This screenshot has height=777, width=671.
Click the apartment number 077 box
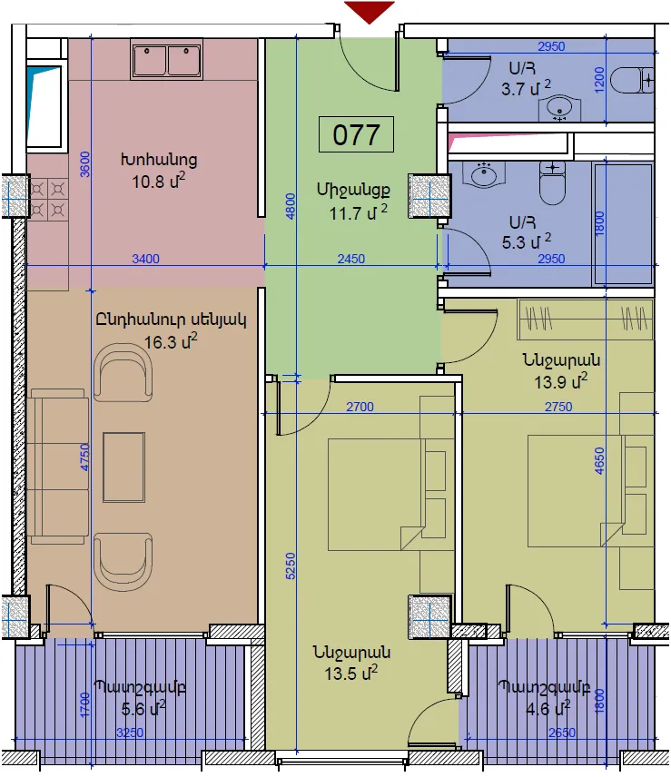[x=356, y=134]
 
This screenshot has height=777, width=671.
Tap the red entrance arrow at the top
[x=370, y=12]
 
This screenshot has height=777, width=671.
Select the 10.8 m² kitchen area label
[x=159, y=182]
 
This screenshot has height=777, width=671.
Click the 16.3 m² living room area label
[x=171, y=341]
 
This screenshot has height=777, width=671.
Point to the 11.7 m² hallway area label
[x=359, y=212]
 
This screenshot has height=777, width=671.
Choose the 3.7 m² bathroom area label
[x=526, y=89]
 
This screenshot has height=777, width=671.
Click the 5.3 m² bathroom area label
[x=527, y=241]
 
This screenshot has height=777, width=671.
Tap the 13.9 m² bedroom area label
[x=561, y=382]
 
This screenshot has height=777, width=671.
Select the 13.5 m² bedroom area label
[x=351, y=674]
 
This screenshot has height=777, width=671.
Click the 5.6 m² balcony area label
[x=143, y=709]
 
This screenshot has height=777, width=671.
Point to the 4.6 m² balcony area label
[x=548, y=709]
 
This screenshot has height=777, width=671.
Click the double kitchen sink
[x=166, y=61]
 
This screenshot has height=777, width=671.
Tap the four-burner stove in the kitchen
[x=48, y=199]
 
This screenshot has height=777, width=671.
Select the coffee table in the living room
[x=123, y=467]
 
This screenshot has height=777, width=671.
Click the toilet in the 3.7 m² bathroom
[x=632, y=80]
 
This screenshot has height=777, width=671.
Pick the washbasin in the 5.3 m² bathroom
[x=484, y=174]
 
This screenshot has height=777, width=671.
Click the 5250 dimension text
[x=291, y=566]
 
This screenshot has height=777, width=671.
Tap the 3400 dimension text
[x=145, y=259]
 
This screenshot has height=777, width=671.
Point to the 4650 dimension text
[x=599, y=461]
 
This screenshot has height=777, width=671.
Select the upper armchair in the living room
[x=123, y=373]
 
